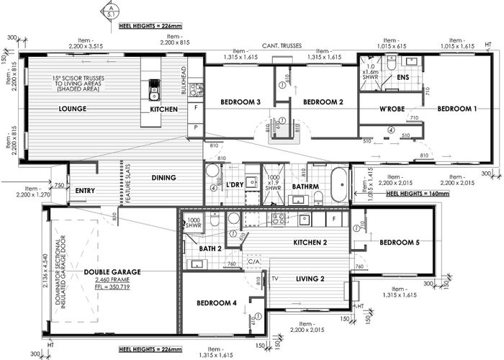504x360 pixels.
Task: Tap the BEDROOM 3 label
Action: [x=240, y=102]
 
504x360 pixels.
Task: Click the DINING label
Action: [x=165, y=177]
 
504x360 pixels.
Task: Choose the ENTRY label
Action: [x=85, y=191]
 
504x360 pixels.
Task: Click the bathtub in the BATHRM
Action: [x=339, y=185]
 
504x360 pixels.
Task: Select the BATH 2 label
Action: [x=210, y=248]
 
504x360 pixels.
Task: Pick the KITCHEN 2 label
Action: [x=310, y=243]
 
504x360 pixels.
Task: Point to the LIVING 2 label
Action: [x=312, y=278]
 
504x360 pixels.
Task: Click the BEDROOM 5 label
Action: [x=400, y=243]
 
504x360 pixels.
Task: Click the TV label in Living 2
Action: [x=274, y=276]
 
